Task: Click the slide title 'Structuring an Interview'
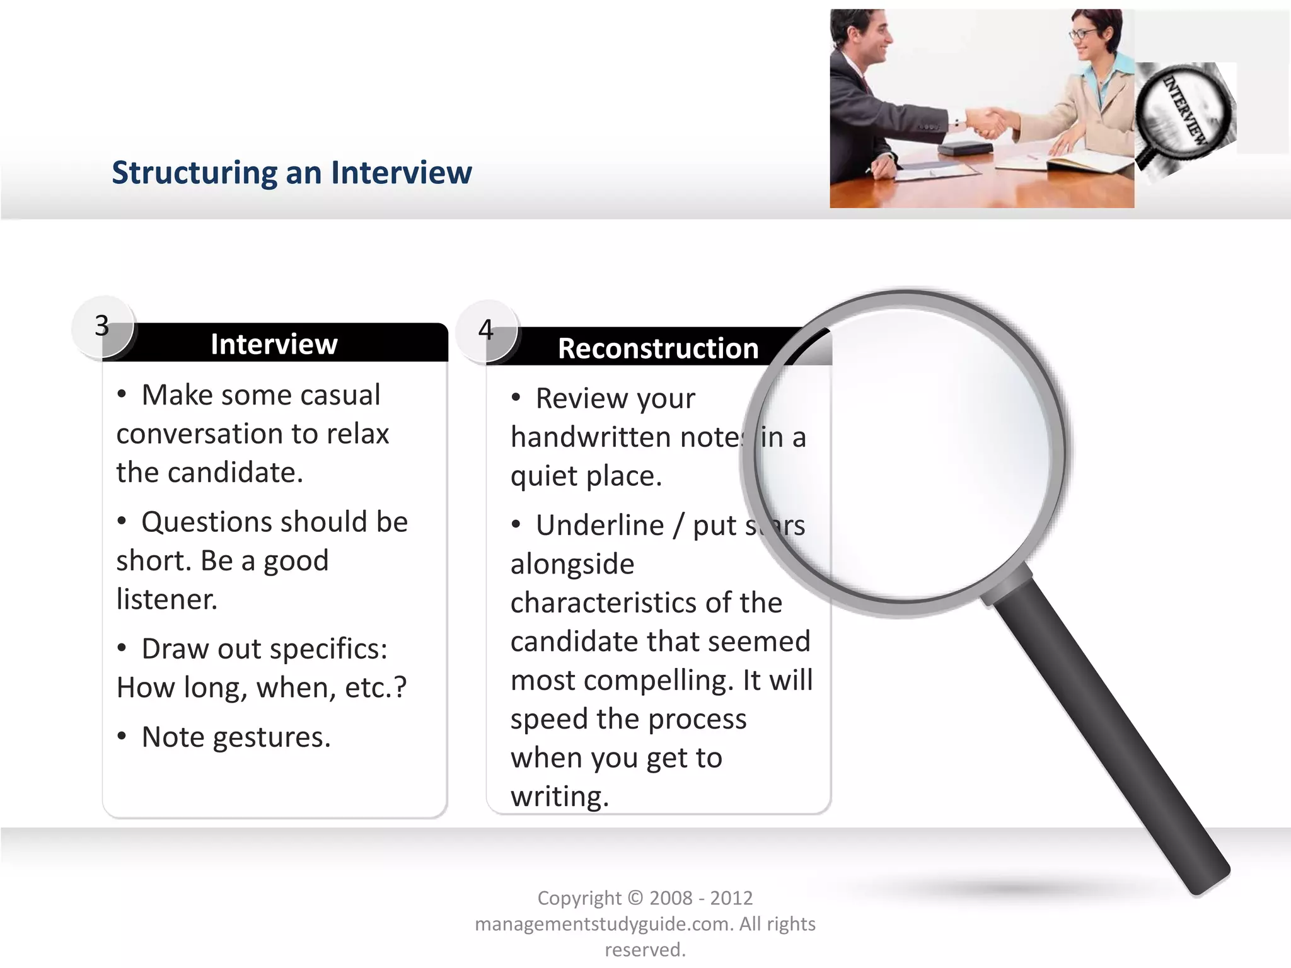291,173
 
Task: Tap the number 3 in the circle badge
102,326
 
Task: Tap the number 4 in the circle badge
485,330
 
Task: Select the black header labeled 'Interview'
274,344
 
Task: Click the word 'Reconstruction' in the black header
657,349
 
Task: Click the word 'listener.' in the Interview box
167,599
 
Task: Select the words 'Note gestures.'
236,737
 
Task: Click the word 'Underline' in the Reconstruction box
599,525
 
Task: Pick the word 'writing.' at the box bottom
560,797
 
